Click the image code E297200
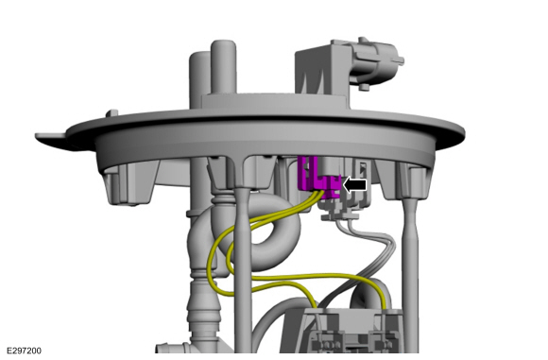(x=24, y=351)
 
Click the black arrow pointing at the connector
(x=354, y=185)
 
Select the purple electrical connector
(x=318, y=178)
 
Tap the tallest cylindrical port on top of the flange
(x=223, y=67)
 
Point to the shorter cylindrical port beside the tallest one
(x=199, y=80)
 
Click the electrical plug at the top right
(x=376, y=63)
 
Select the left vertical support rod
(x=242, y=269)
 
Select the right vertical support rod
(x=411, y=273)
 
